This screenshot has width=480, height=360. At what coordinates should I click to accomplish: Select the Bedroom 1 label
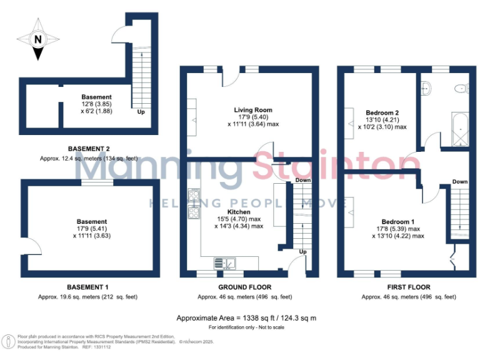point(398,222)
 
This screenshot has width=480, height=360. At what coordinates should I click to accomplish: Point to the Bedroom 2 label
point(382,113)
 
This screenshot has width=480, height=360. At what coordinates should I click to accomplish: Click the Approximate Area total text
point(247,317)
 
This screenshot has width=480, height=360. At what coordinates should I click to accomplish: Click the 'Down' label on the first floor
point(460,182)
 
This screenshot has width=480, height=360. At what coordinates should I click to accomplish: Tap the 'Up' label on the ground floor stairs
point(303,252)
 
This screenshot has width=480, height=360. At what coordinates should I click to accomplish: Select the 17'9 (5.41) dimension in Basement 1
point(92,229)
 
